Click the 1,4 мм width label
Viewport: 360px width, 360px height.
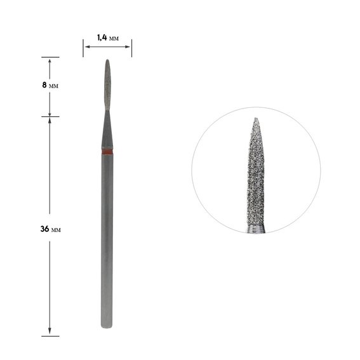108,37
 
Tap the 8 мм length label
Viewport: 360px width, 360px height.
50,85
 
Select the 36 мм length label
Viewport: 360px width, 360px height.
51,229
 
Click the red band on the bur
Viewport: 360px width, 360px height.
107,152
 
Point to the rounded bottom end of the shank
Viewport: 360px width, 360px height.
107,326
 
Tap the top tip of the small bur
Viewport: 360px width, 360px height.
107,60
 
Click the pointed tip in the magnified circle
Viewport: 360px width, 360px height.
256,118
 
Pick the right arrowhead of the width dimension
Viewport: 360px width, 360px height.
128,47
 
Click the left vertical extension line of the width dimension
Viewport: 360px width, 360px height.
83,48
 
